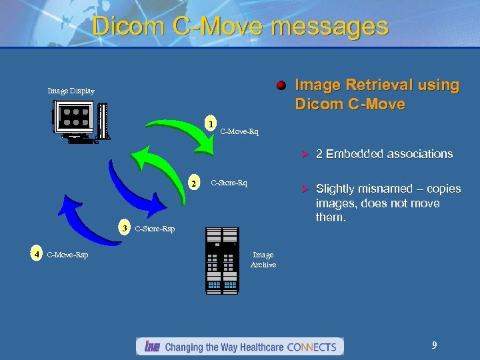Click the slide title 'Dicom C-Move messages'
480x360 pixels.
coord(240,26)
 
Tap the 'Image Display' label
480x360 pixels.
coord(71,91)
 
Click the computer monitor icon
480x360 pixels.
coord(79,121)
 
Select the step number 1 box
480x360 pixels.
coord(210,124)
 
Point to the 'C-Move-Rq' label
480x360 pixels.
coord(239,132)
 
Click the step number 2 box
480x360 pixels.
coord(193,183)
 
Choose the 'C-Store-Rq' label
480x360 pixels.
coord(229,182)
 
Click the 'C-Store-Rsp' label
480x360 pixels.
coord(155,229)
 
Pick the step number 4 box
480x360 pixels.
coord(37,254)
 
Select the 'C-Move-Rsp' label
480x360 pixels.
coord(68,255)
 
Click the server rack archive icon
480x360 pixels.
coord(222,261)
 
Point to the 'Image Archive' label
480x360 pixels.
coord(263,260)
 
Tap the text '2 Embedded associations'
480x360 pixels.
coord(384,154)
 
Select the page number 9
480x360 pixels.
coord(434,345)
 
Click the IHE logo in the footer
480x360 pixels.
coord(150,347)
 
